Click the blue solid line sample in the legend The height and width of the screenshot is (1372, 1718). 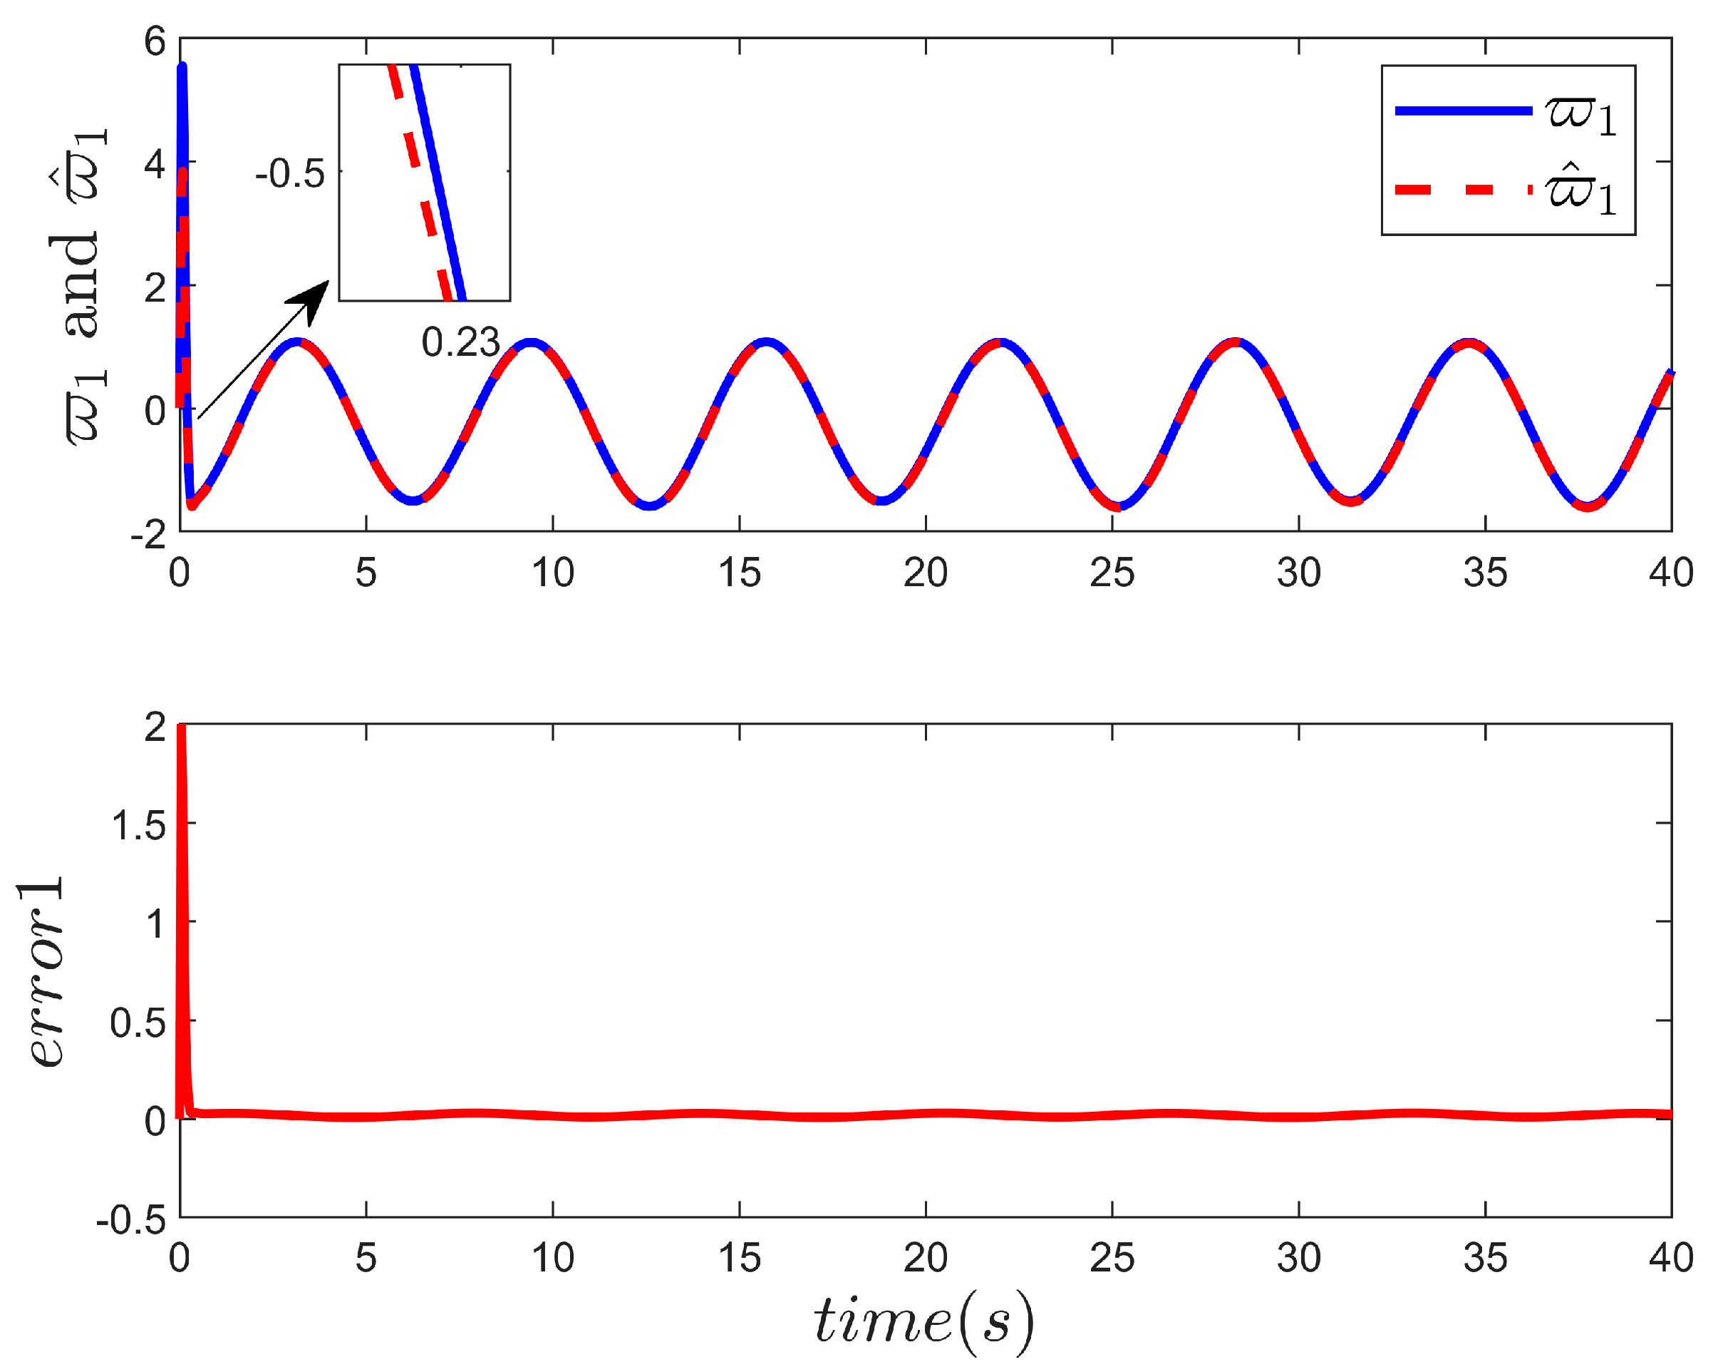pyautogui.click(x=1462, y=111)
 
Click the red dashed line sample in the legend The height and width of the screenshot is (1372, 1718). pyautogui.click(x=1462, y=190)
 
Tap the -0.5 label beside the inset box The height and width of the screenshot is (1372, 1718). pyautogui.click(x=290, y=174)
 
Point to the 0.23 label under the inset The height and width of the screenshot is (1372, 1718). pyautogui.click(x=460, y=342)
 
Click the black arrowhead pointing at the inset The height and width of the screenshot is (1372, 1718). pyautogui.click(x=313, y=298)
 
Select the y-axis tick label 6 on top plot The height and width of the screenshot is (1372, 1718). pyautogui.click(x=155, y=41)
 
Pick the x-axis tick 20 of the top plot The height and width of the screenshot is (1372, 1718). pyautogui.click(x=925, y=573)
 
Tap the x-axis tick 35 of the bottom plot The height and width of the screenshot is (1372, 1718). pyautogui.click(x=1484, y=1258)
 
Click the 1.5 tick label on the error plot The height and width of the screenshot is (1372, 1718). pyautogui.click(x=139, y=824)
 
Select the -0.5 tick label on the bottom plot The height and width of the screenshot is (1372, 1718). pyautogui.click(x=132, y=1219)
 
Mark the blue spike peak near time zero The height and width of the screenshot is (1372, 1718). pyautogui.click(x=182, y=68)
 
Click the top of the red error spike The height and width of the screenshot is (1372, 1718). pyautogui.click(x=181, y=728)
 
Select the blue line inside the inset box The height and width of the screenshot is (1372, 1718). pyautogui.click(x=439, y=183)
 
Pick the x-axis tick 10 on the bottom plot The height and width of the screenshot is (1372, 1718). pyautogui.click(x=552, y=1258)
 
